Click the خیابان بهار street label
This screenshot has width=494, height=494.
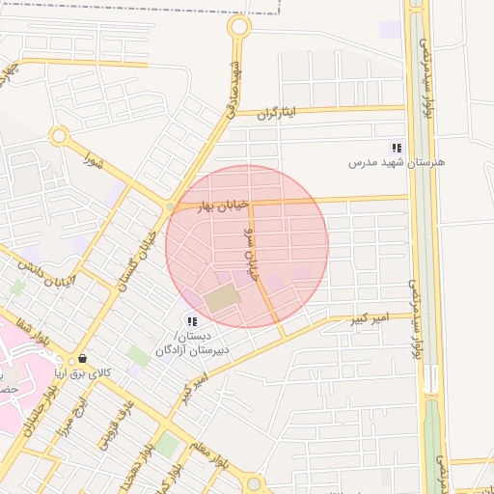click(x=224, y=206)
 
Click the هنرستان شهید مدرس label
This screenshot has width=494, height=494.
click(x=397, y=163)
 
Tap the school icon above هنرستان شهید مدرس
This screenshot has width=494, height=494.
click(x=396, y=148)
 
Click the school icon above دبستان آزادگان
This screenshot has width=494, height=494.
click(x=191, y=320)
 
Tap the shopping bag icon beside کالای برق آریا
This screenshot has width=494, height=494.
click(x=81, y=358)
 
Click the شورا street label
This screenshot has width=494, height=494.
click(x=93, y=158)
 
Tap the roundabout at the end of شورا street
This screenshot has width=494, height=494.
click(x=60, y=138)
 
